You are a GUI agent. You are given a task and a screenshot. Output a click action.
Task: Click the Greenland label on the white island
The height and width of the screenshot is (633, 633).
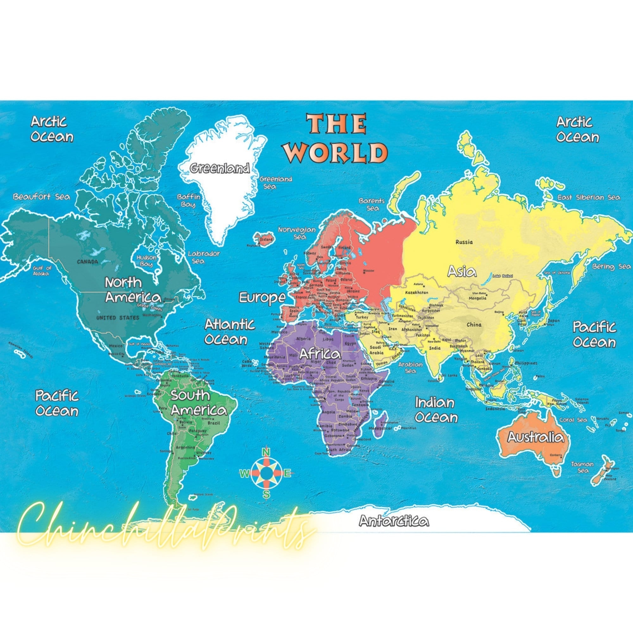click(x=220, y=168)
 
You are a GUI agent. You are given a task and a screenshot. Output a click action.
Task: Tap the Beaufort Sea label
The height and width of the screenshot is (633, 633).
click(x=41, y=197)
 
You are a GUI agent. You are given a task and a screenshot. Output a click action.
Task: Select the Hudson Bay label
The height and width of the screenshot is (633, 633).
click(x=147, y=261)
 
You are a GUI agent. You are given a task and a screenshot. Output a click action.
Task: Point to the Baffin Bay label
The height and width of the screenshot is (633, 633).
click(x=188, y=201)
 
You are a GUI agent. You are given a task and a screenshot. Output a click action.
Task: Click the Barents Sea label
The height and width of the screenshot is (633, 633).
click(x=372, y=204)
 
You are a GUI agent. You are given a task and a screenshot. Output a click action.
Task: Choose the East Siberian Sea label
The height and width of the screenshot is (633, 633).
click(x=589, y=197)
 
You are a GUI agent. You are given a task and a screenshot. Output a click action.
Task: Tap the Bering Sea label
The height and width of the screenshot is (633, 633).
click(x=611, y=266)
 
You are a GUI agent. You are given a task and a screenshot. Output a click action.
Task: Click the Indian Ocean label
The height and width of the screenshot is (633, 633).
click(x=436, y=410)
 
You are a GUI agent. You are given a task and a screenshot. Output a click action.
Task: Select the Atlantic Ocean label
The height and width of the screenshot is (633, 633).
click(x=229, y=332)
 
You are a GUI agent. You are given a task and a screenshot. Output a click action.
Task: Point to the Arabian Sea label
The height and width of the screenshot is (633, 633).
click(x=410, y=367)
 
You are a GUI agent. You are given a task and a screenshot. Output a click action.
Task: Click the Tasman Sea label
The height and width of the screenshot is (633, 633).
click(x=582, y=467)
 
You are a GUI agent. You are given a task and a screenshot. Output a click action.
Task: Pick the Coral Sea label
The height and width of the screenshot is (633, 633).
click(x=573, y=420)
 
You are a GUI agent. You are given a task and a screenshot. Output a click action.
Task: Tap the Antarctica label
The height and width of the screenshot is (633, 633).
click(x=393, y=521)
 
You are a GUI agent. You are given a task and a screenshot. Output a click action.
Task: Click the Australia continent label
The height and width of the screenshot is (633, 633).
click(x=536, y=437)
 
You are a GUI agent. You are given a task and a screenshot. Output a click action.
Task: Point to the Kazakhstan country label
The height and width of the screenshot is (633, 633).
click(x=417, y=292)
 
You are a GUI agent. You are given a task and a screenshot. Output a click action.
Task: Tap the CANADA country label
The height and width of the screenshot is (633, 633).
click(x=87, y=261)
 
